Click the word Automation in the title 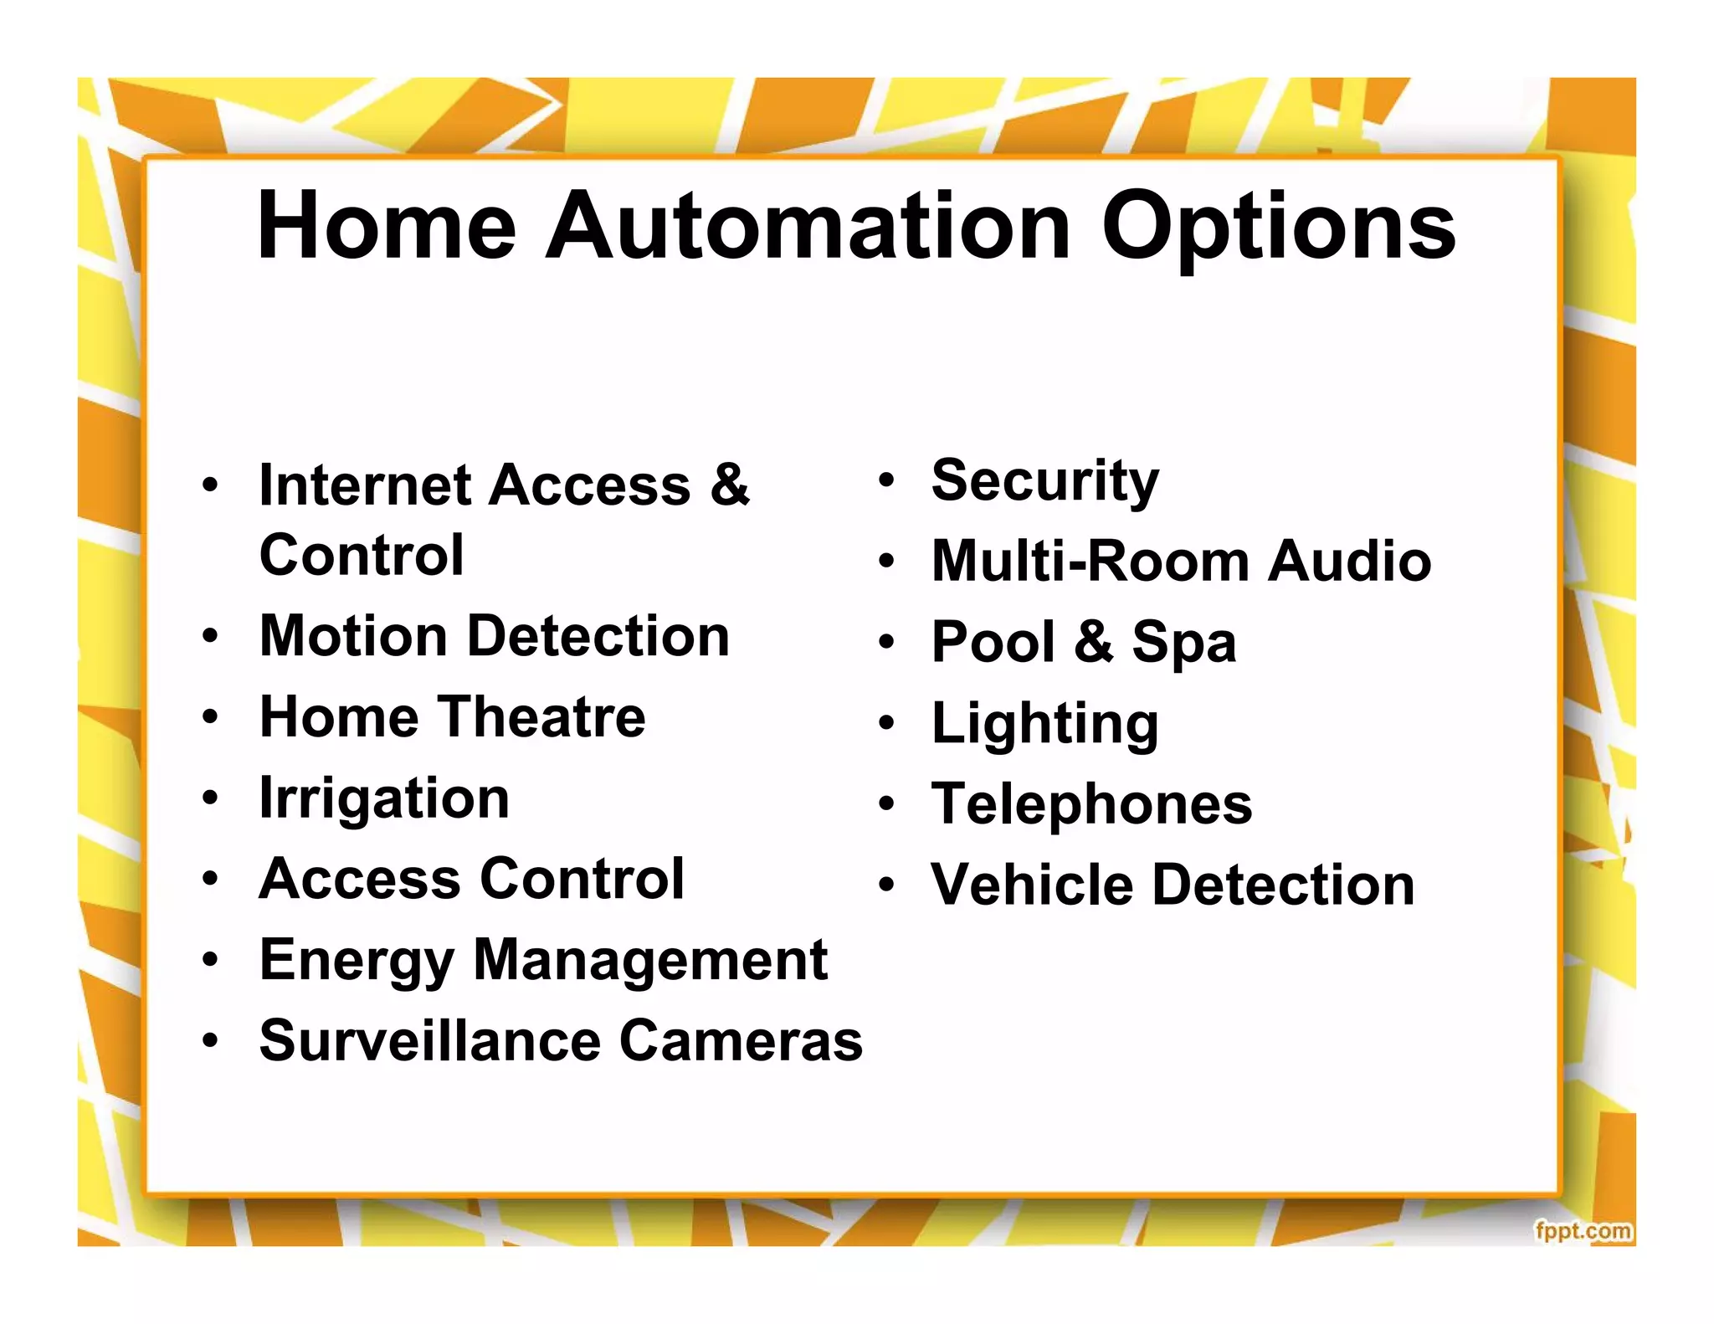click(808, 226)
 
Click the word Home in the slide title click(386, 226)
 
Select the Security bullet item click(1044, 481)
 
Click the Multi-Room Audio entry click(1181, 561)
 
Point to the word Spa click(1183, 643)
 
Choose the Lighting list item click(1044, 724)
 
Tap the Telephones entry click(1091, 804)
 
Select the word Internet click(365, 485)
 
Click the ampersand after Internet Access click(730, 485)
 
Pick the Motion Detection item click(494, 636)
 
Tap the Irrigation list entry click(384, 798)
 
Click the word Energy click(357, 961)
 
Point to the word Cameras click(741, 1041)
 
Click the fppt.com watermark click(1583, 1231)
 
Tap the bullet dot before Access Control click(210, 879)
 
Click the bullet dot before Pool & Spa click(887, 642)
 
